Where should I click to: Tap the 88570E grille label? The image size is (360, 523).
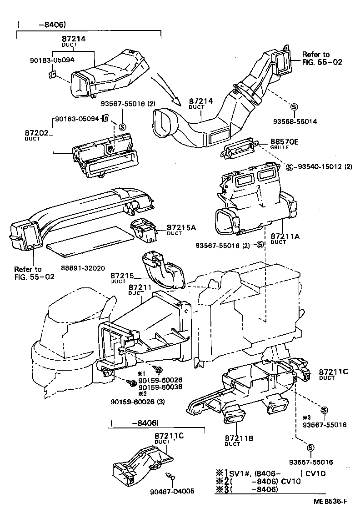pos(284,142)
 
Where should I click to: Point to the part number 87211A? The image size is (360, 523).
pos(285,236)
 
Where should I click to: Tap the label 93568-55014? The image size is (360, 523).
pos(295,121)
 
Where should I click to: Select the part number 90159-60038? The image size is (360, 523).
pos(160,387)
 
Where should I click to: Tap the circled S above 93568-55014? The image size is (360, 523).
pos(294,107)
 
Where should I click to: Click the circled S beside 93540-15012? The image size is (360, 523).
pos(290,166)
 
